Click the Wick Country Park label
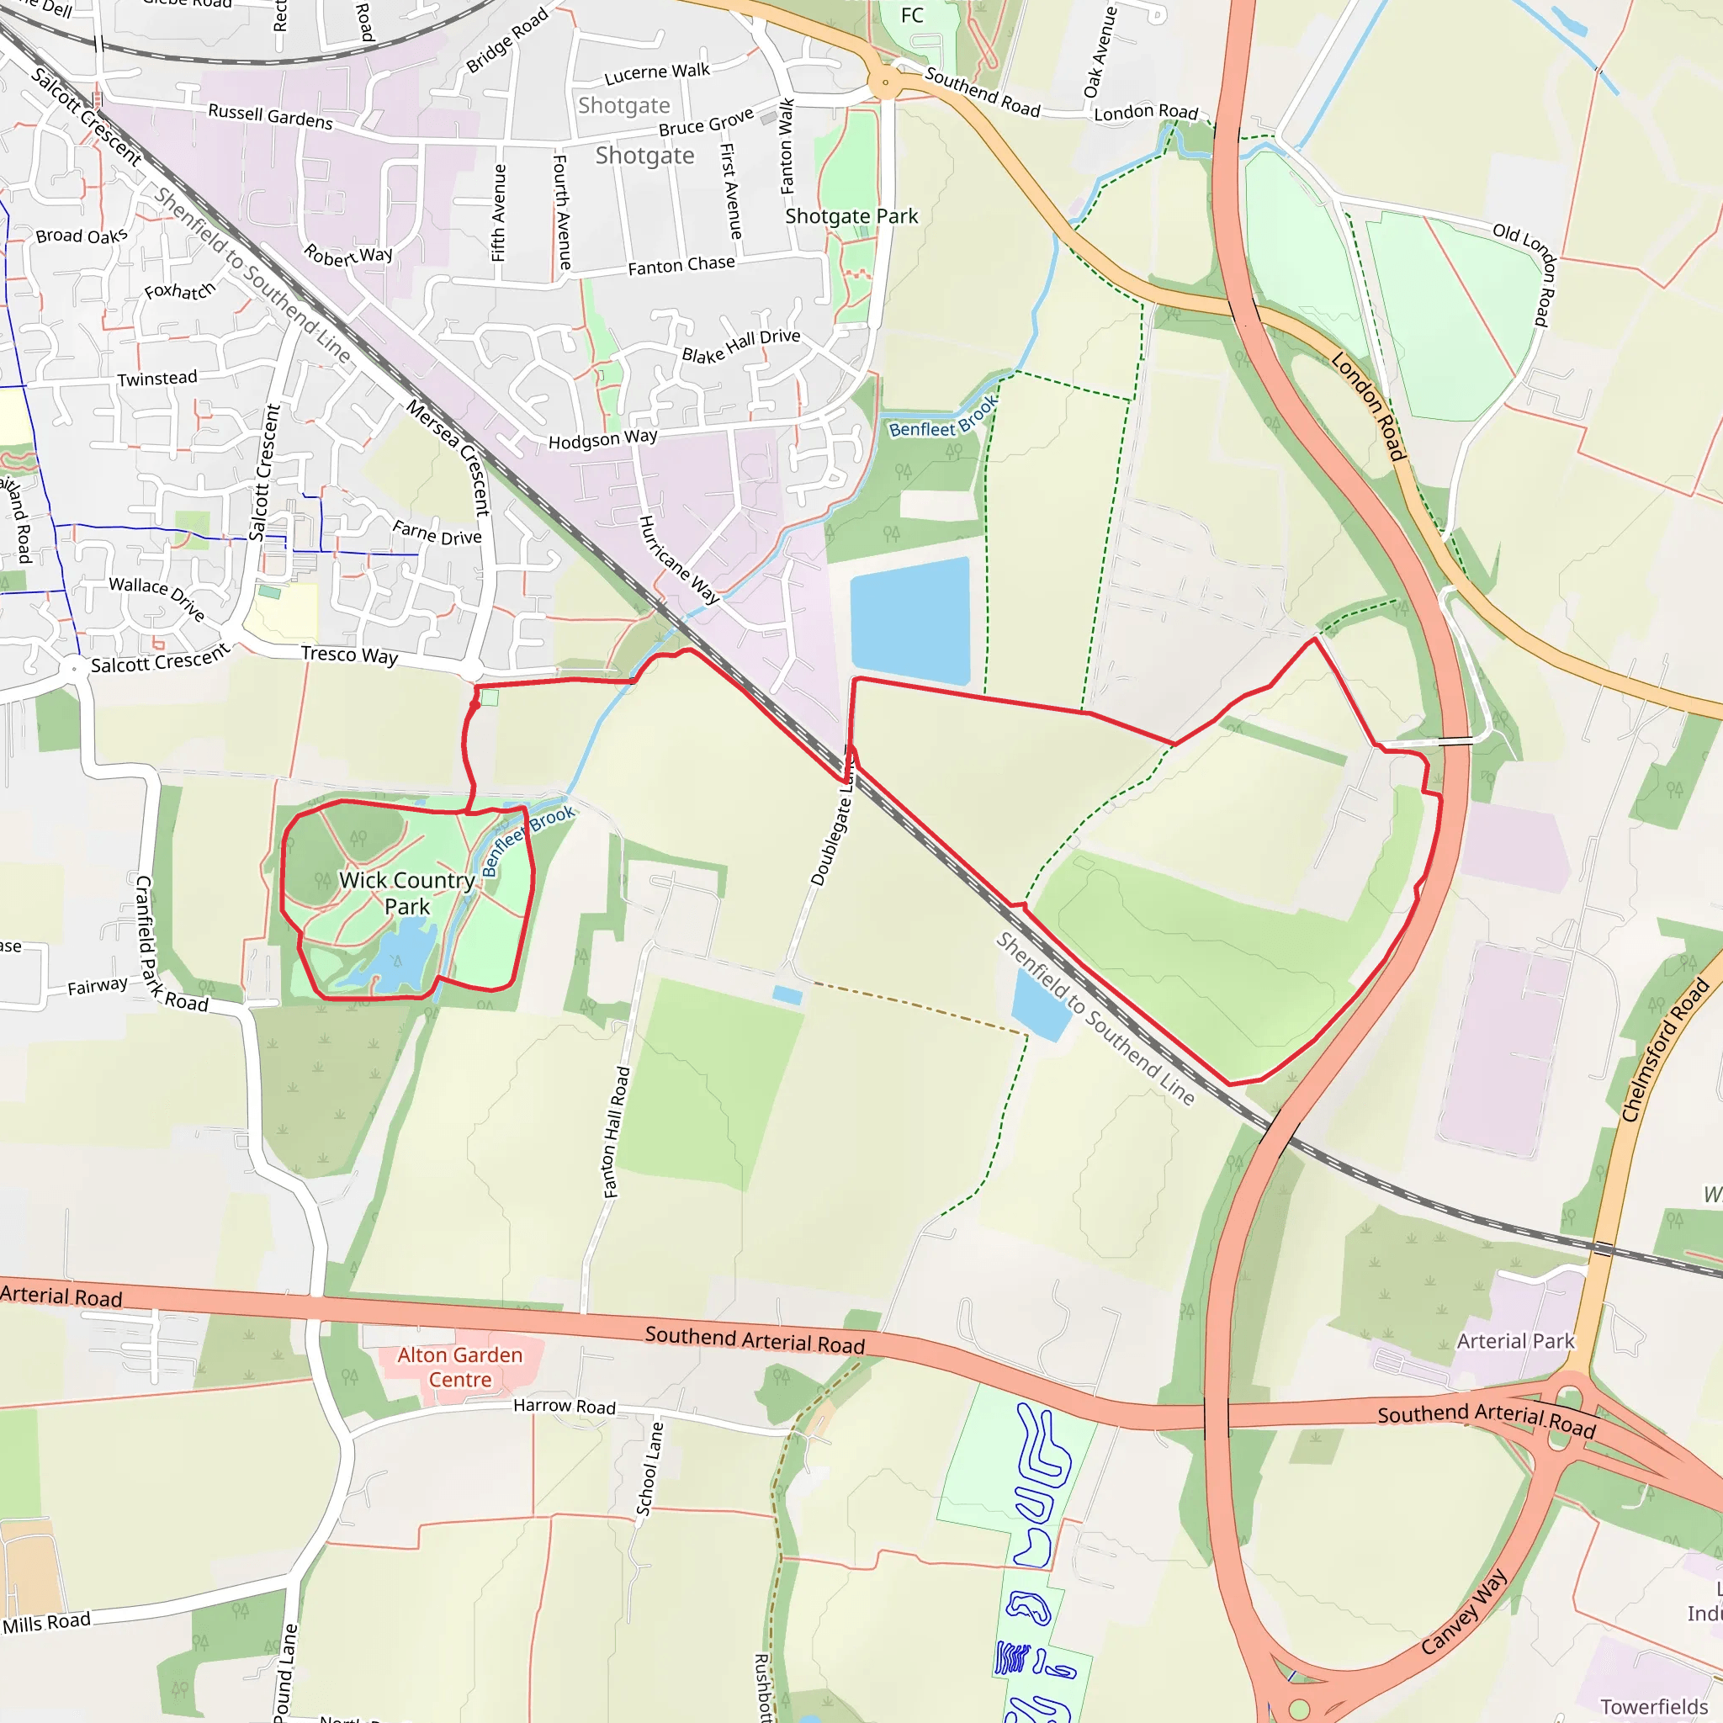click(x=406, y=893)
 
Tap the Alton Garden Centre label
click(x=459, y=1367)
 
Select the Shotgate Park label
click(x=851, y=217)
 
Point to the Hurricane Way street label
click(x=679, y=560)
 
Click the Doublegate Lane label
click(x=831, y=830)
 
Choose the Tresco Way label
click(x=350, y=655)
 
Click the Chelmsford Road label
click(x=1664, y=1051)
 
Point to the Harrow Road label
click(x=565, y=1407)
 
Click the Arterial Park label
click(x=1515, y=1341)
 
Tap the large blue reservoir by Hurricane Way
click(x=909, y=621)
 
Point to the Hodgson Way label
click(x=603, y=439)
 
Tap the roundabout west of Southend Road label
click(x=885, y=84)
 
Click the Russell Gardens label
click(x=270, y=116)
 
